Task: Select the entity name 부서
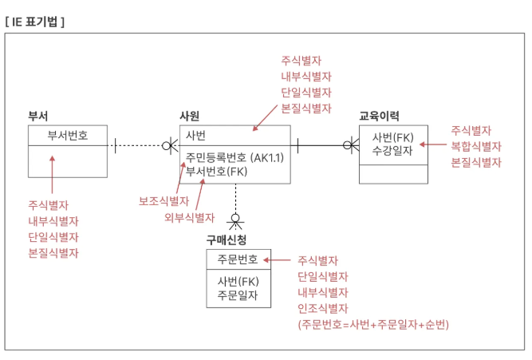(x=38, y=116)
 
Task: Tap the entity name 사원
(x=189, y=116)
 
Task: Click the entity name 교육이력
(x=380, y=116)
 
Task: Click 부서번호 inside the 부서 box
(x=67, y=135)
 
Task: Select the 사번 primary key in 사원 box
(x=195, y=135)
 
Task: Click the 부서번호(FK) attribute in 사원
(x=217, y=171)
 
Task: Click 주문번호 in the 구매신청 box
(x=237, y=259)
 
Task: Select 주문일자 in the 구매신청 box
(x=237, y=295)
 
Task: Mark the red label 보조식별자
(x=164, y=200)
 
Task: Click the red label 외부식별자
(x=189, y=217)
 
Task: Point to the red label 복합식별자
(x=476, y=146)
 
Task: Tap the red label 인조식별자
(x=323, y=308)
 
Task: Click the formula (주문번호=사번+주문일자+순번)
(x=373, y=324)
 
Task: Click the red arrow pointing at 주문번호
(x=278, y=259)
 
